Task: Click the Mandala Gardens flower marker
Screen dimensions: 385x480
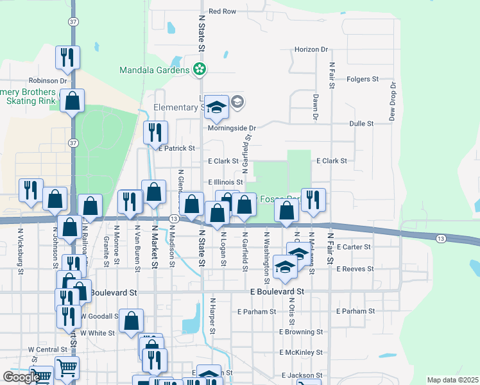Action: [200, 68]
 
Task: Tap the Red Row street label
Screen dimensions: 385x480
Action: [223, 12]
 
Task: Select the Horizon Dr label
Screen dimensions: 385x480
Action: [311, 49]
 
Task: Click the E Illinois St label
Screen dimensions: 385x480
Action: [225, 183]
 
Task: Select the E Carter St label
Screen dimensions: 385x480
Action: [353, 247]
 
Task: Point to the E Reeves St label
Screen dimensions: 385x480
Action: [354, 269]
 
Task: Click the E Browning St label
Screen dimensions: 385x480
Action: [301, 332]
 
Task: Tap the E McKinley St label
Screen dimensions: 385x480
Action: [301, 353]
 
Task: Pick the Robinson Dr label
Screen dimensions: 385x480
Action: [47, 81]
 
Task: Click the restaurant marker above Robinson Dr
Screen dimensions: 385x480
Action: [67, 58]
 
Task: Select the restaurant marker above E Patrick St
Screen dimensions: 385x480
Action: [155, 133]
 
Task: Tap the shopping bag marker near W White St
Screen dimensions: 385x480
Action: [131, 321]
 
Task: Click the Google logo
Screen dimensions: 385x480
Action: [21, 377]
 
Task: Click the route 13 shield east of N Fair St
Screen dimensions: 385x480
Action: [440, 239]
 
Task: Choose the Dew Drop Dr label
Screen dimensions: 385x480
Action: [393, 101]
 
